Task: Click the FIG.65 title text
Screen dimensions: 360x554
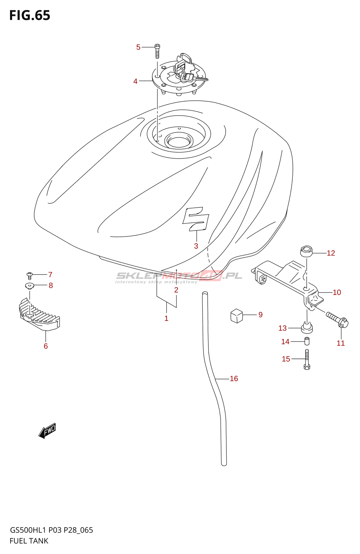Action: click(30, 15)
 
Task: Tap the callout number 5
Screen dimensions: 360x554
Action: click(138, 47)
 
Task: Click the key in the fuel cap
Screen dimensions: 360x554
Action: click(194, 78)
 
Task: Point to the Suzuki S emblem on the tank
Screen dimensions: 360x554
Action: click(196, 219)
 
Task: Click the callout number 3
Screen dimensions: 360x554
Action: click(196, 246)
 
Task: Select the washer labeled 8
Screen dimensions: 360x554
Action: click(29, 286)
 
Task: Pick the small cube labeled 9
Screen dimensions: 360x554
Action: click(237, 316)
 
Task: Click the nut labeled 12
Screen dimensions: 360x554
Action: click(306, 251)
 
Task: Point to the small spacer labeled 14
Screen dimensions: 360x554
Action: click(307, 341)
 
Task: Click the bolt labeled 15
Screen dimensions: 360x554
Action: click(307, 359)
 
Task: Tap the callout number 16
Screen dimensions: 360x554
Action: click(234, 379)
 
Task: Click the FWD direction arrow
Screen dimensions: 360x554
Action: click(47, 431)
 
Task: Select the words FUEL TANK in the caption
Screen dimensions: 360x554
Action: click(29, 541)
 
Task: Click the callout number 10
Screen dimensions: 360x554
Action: click(337, 292)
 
